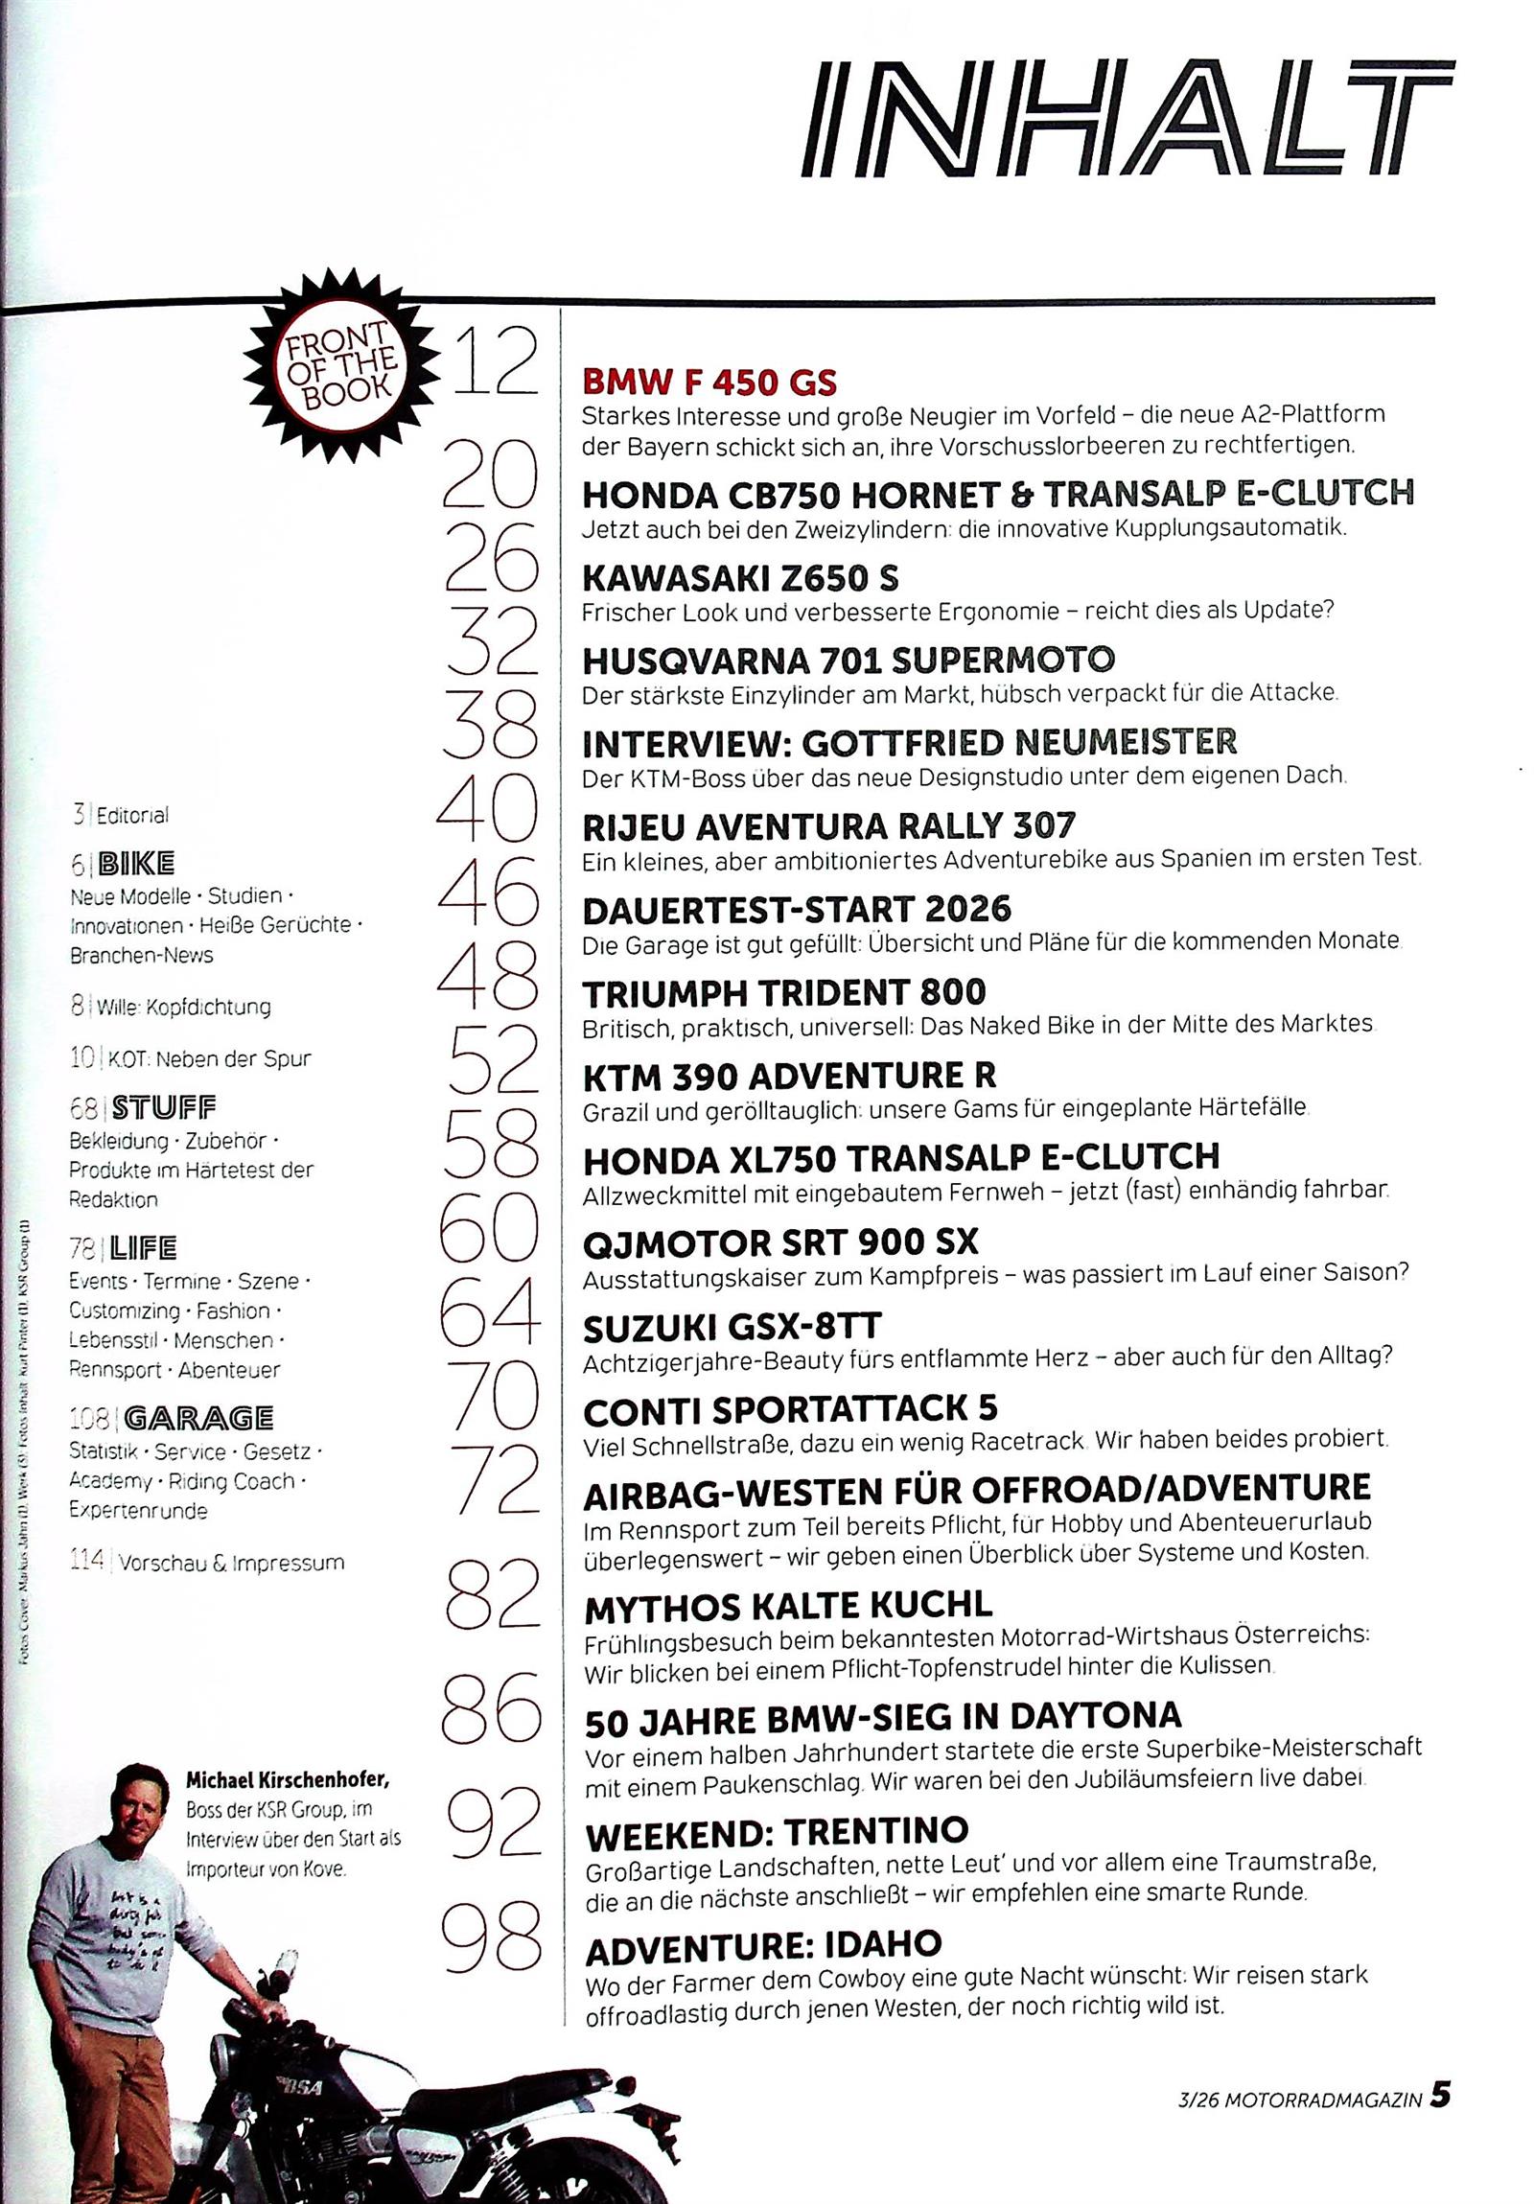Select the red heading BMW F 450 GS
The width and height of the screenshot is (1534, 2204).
pos(709,383)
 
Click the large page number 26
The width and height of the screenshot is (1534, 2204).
pos(490,557)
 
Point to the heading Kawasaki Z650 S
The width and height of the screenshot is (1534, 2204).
pos(740,579)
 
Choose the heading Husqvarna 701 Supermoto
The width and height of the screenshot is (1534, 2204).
pos(848,661)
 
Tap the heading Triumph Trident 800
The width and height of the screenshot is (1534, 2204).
pos(784,991)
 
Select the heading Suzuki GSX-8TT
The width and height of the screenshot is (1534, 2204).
pos(732,1328)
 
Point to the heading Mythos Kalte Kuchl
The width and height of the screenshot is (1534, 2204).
pos(788,1606)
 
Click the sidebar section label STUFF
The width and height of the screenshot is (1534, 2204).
pos(164,1109)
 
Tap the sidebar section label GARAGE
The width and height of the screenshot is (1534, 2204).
pos(198,1418)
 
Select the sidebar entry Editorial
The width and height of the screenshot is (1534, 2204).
pos(131,816)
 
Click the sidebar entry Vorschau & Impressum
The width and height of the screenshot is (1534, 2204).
pos(230,1563)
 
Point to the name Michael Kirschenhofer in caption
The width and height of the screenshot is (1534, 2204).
pos(287,1780)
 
